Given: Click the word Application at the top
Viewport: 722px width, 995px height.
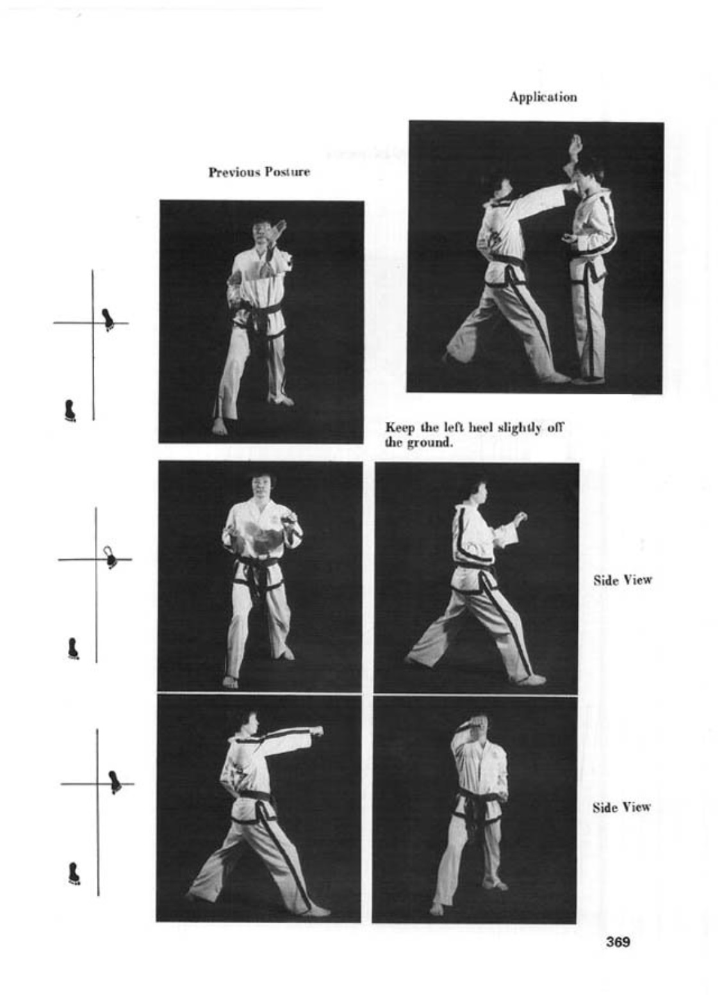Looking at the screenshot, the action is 543,97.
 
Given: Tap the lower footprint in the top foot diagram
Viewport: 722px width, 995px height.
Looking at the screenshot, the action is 70,410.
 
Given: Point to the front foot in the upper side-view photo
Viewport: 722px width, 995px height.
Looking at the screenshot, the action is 530,679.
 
